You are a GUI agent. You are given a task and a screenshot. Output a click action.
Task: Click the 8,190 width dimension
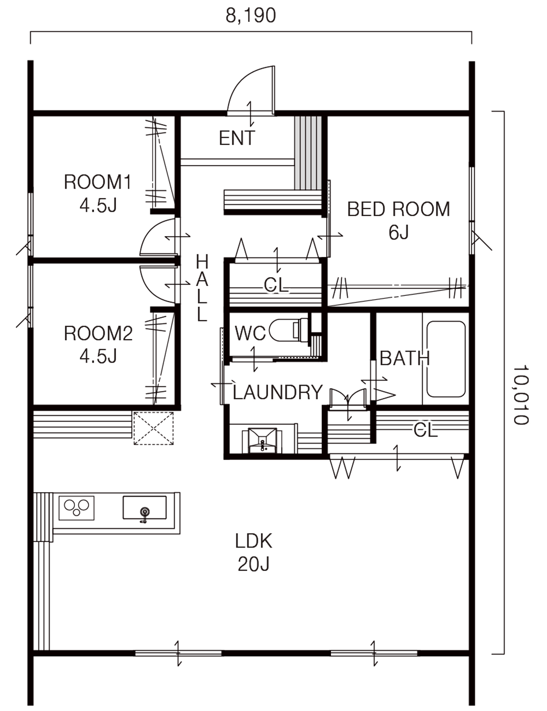tap(251, 16)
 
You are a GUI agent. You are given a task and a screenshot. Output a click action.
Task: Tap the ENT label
tap(236, 138)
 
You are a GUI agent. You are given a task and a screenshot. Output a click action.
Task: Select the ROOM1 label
tap(98, 182)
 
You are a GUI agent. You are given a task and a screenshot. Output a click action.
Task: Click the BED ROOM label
tap(399, 209)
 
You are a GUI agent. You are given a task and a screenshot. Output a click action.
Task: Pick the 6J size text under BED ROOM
tap(399, 233)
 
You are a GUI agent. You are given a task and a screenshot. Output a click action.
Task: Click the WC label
tap(250, 333)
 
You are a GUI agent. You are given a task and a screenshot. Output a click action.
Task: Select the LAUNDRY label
tap(278, 392)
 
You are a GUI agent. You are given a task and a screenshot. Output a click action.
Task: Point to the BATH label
tap(405, 359)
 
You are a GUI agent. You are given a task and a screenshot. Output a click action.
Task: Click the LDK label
tap(254, 541)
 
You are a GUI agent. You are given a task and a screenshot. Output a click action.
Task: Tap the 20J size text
tap(254, 564)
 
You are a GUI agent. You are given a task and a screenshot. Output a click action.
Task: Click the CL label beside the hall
tap(276, 285)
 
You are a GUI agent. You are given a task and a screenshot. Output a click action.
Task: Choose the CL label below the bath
tap(426, 430)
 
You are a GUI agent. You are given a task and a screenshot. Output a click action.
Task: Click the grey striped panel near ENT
tap(308, 153)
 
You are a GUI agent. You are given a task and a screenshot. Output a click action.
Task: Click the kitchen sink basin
tap(144, 510)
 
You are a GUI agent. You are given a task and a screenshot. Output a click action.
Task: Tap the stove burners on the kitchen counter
tap(77, 508)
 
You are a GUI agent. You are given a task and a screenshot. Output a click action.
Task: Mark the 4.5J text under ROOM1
tap(98, 206)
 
